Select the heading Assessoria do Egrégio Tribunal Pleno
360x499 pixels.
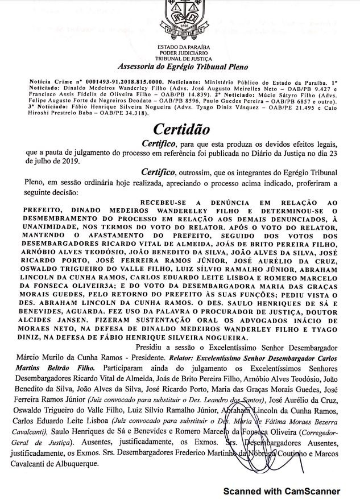(181, 67)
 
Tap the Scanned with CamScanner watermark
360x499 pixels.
(282, 490)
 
